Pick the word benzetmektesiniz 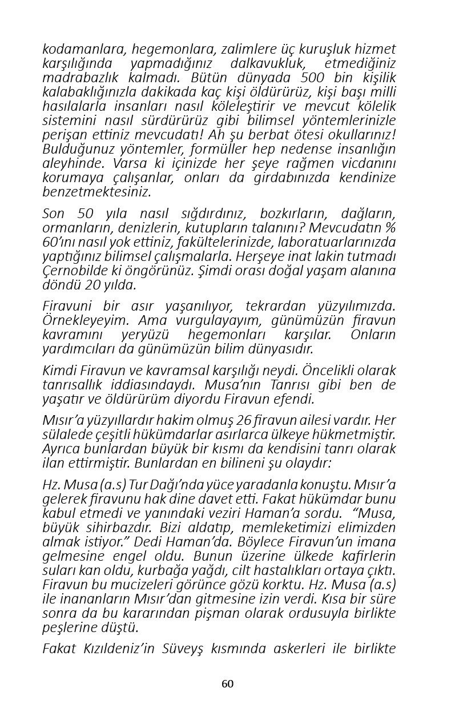[97, 192]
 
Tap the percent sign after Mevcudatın [390, 228]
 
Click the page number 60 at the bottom [228, 684]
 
